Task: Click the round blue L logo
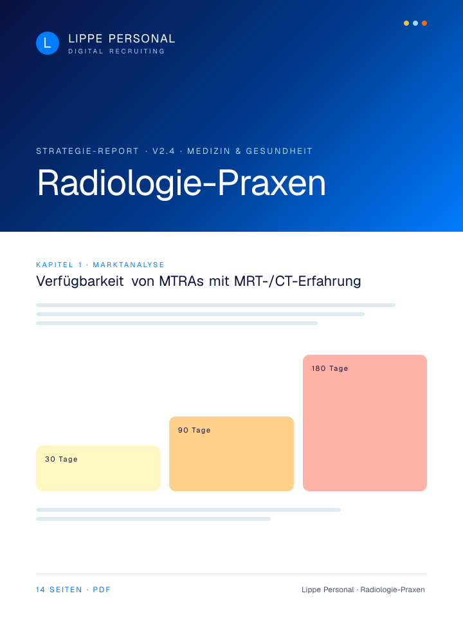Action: tap(48, 43)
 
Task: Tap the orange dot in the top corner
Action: tap(424, 23)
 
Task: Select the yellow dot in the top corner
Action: tap(406, 23)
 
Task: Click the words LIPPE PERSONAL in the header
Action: tap(122, 39)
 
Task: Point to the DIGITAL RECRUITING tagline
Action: tap(116, 51)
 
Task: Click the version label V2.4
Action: tap(163, 151)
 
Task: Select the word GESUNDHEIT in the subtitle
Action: tap(279, 151)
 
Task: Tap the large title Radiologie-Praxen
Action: tap(181, 183)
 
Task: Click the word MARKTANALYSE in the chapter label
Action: tap(129, 265)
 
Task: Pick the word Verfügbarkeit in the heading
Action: tap(80, 281)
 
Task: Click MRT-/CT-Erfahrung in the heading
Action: tap(297, 281)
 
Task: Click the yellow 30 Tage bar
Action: tap(98, 468)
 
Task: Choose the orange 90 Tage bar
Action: tap(232, 454)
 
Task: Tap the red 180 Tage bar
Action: tap(365, 423)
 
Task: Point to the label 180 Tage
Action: tap(330, 368)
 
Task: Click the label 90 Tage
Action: tap(194, 431)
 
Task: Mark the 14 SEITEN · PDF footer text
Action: tap(73, 590)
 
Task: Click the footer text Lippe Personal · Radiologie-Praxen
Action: tap(363, 590)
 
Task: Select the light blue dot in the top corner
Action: tap(415, 23)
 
